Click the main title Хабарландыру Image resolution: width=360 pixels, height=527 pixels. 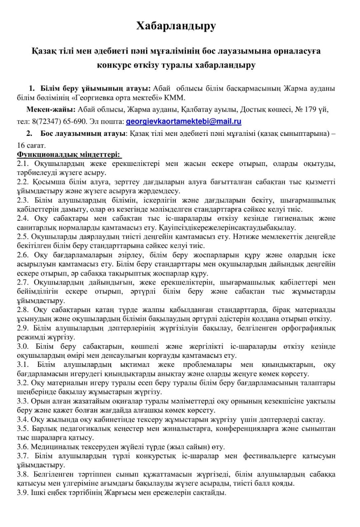point(176,26)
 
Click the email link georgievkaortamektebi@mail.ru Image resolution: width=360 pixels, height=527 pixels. point(183,121)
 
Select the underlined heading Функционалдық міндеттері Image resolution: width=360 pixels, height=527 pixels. point(69,154)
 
